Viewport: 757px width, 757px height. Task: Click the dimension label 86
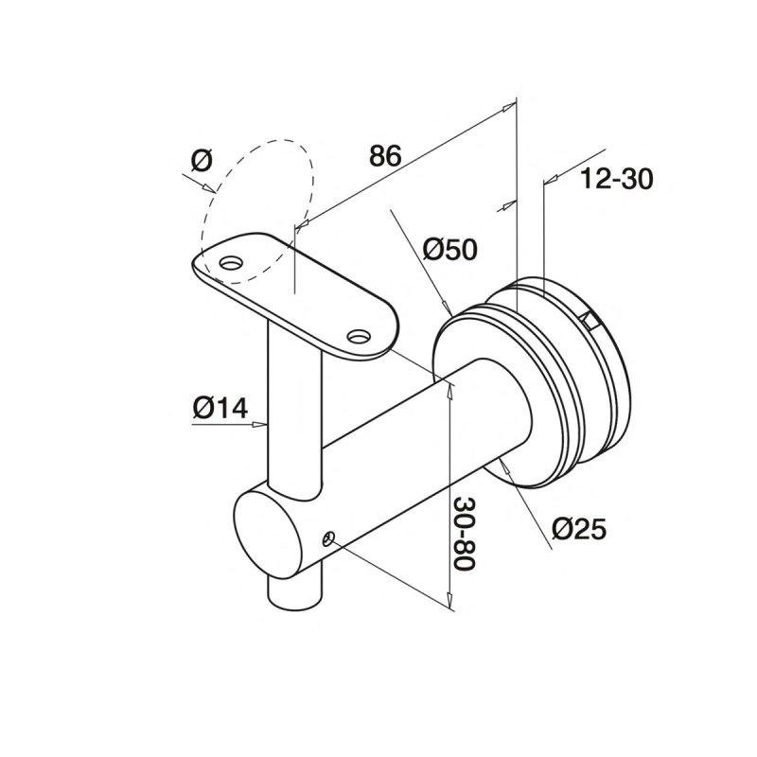point(385,156)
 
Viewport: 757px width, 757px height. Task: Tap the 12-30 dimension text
point(616,179)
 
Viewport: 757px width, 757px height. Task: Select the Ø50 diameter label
point(450,250)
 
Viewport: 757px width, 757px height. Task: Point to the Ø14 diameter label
point(220,408)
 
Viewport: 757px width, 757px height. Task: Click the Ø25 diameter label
point(578,529)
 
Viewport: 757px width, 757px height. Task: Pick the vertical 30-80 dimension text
point(465,535)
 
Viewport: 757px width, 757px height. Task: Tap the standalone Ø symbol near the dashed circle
point(202,160)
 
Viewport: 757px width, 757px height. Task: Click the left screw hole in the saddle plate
point(231,263)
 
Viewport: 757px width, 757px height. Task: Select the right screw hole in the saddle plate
point(360,336)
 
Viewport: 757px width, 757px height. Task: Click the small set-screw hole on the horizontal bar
point(328,538)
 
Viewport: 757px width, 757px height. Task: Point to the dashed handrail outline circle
point(256,212)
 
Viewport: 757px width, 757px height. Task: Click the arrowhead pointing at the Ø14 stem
point(259,424)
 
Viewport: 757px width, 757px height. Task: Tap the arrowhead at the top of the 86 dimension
point(508,106)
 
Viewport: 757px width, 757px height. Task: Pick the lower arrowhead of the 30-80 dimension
point(450,601)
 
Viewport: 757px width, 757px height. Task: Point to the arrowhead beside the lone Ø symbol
point(208,187)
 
